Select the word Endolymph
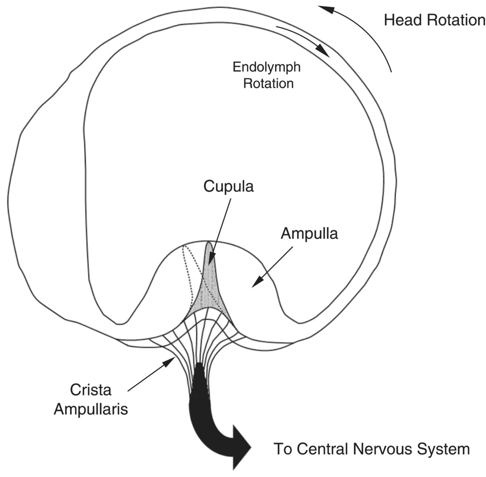click(267, 67)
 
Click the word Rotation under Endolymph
click(268, 83)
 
